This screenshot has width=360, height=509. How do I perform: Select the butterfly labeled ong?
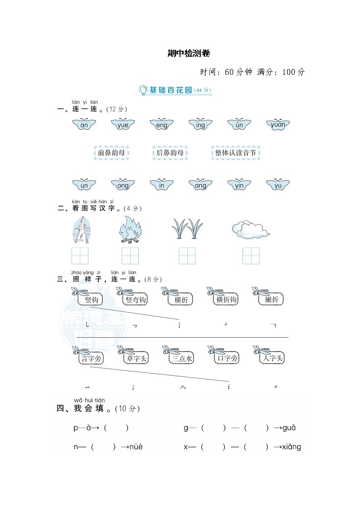click(x=123, y=185)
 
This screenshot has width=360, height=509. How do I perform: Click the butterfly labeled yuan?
click(x=278, y=125)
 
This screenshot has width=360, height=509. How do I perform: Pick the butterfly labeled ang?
click(x=200, y=185)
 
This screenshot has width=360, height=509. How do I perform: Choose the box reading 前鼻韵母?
click(x=111, y=153)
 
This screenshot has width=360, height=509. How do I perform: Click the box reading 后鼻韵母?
click(x=170, y=153)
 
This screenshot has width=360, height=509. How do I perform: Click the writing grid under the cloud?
click(x=251, y=256)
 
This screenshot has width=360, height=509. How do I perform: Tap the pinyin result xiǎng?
click(x=291, y=447)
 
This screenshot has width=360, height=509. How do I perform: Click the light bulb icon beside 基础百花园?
click(x=143, y=90)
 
